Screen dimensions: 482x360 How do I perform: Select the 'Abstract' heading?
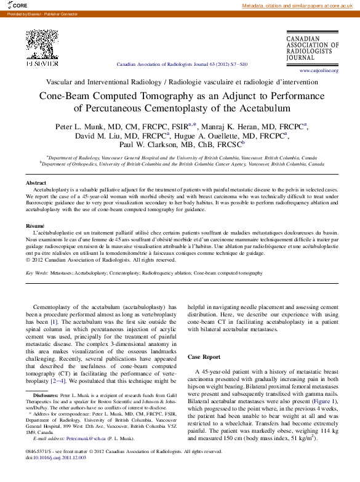coord(36,183)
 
